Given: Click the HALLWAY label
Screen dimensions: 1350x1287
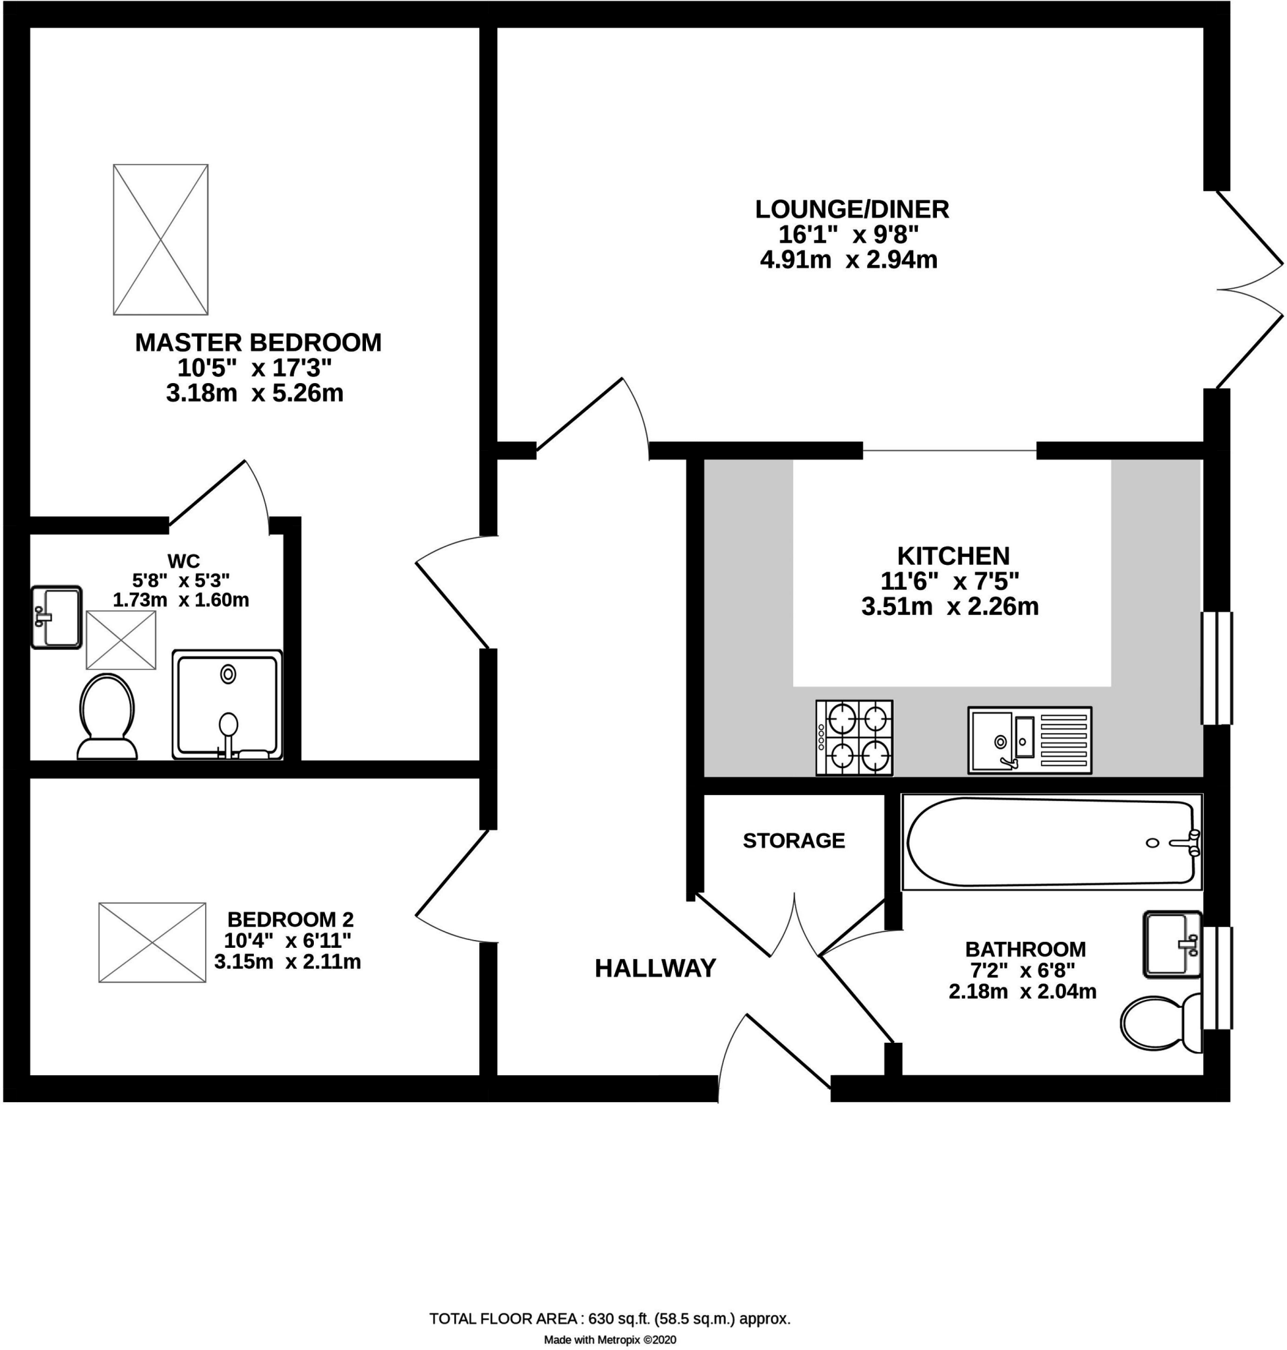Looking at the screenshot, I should [655, 968].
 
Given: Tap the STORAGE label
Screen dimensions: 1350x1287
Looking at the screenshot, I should [794, 840].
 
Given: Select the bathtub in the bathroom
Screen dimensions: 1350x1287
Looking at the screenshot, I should [1052, 842].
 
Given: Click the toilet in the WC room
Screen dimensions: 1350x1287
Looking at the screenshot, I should [107, 716].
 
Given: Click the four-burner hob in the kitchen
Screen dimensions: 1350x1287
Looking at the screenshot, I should [854, 738].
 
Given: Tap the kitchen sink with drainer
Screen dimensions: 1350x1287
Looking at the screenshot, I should [1030, 740].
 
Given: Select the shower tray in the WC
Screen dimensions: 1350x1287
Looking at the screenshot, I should [227, 705].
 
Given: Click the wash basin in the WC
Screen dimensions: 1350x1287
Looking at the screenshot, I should [56, 617].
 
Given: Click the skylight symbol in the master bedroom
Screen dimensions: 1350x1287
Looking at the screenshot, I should [160, 239].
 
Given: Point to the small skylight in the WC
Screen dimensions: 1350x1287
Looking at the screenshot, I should [121, 640].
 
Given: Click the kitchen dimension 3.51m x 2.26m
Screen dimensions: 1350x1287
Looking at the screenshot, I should [949, 607].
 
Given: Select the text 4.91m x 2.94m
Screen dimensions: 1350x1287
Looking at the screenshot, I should [849, 260].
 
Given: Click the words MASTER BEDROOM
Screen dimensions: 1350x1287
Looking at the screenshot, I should [258, 342].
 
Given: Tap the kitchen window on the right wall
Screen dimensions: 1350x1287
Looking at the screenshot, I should [1216, 668].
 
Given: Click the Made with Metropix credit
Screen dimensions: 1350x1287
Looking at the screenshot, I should [610, 1339].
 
